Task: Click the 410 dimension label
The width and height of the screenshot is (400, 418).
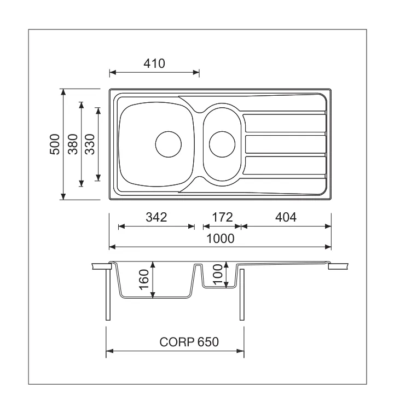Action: click(154, 63)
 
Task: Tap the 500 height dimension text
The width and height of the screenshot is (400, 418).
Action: click(55, 144)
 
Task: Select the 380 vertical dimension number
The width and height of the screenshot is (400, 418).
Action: click(73, 144)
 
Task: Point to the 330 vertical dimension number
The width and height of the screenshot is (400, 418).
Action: click(90, 144)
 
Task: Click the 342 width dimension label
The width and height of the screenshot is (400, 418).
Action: click(156, 217)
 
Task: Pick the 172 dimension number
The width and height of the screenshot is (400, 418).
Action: click(222, 217)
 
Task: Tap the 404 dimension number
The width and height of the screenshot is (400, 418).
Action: click(286, 217)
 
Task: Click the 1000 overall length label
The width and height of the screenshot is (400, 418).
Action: click(221, 239)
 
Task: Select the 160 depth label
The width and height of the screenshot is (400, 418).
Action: click(144, 280)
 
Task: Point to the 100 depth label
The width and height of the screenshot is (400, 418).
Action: click(218, 275)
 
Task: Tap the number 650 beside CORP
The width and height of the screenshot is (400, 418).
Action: click(208, 342)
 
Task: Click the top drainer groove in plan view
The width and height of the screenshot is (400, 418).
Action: click(285, 123)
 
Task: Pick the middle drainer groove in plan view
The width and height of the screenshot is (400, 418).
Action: click(285, 144)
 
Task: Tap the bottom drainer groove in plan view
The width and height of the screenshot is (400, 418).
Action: click(285, 166)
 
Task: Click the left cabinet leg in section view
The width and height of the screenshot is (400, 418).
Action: click(108, 294)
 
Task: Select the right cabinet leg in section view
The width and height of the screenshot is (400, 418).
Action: click(242, 294)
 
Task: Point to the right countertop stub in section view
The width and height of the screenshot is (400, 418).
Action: click(338, 266)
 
